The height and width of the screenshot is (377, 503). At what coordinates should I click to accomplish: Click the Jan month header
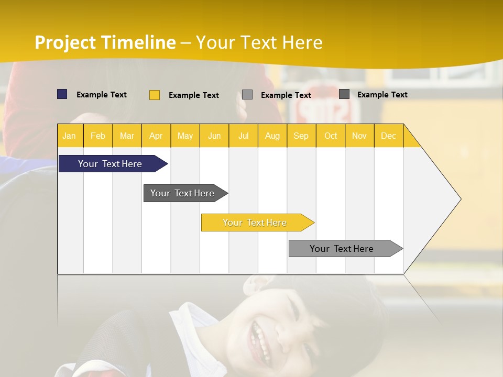70,136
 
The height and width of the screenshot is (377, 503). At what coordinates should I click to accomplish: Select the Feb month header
98,136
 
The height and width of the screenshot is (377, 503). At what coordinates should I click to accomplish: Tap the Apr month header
156,136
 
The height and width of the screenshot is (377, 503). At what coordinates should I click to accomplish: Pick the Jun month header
214,136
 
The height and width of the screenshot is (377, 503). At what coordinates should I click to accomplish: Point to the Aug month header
272,136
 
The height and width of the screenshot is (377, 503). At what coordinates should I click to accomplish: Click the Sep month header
301,136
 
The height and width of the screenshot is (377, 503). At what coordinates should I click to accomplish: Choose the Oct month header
331,136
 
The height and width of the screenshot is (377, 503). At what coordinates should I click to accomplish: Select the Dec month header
389,136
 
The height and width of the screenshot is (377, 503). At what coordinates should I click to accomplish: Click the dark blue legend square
62,94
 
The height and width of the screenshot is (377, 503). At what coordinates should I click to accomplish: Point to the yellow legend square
155,95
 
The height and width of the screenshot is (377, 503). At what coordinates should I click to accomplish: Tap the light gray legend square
247,95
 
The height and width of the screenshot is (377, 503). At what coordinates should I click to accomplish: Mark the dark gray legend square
344,94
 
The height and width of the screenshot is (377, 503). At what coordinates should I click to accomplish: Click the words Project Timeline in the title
105,42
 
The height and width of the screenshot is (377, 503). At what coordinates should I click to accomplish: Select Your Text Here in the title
259,42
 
